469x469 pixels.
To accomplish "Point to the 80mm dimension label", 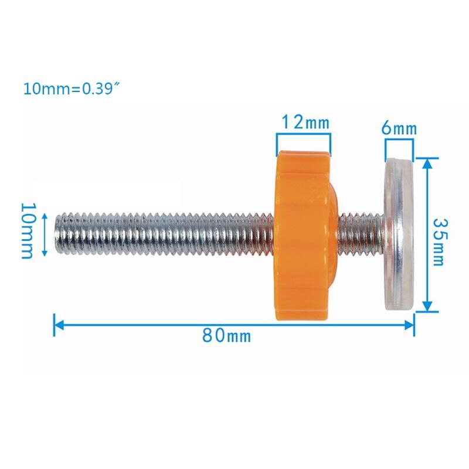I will click(x=226, y=336).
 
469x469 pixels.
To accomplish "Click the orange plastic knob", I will click(x=304, y=235).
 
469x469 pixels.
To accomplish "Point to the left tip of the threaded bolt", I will click(x=57, y=233).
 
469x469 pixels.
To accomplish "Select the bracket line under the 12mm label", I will click(x=304, y=134).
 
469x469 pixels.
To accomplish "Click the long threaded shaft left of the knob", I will click(x=164, y=233).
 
